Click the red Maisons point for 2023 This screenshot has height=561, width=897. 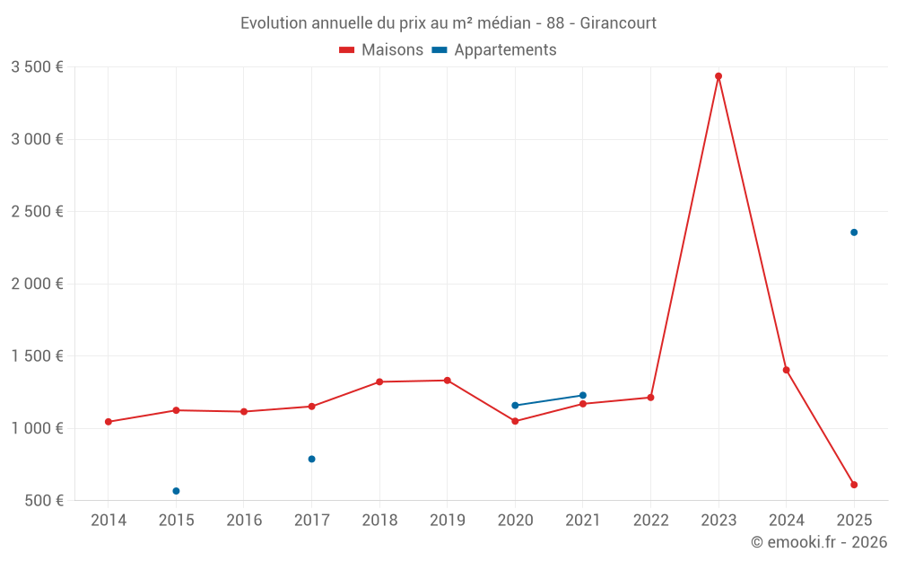[718, 76]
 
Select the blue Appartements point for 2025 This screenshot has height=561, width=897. [854, 232]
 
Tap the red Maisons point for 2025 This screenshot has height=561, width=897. [854, 485]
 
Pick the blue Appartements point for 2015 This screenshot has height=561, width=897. [176, 491]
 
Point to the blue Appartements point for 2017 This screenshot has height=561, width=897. [311, 459]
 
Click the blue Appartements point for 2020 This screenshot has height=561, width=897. [515, 406]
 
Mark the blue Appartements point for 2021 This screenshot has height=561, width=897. [583, 395]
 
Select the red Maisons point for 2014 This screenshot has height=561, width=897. [109, 422]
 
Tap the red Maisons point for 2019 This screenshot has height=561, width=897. [447, 381]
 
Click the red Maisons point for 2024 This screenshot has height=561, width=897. [787, 370]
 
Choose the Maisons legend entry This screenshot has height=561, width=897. [381, 50]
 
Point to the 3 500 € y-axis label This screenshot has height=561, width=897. [37, 67]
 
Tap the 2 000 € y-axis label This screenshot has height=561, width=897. [37, 284]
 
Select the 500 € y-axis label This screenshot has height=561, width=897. [43, 500]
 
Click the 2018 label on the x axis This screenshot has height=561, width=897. [379, 521]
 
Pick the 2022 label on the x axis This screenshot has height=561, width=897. [650, 521]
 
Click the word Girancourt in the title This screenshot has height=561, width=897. [618, 22]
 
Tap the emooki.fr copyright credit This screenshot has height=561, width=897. [819, 542]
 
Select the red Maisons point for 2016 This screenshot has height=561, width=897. [244, 412]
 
